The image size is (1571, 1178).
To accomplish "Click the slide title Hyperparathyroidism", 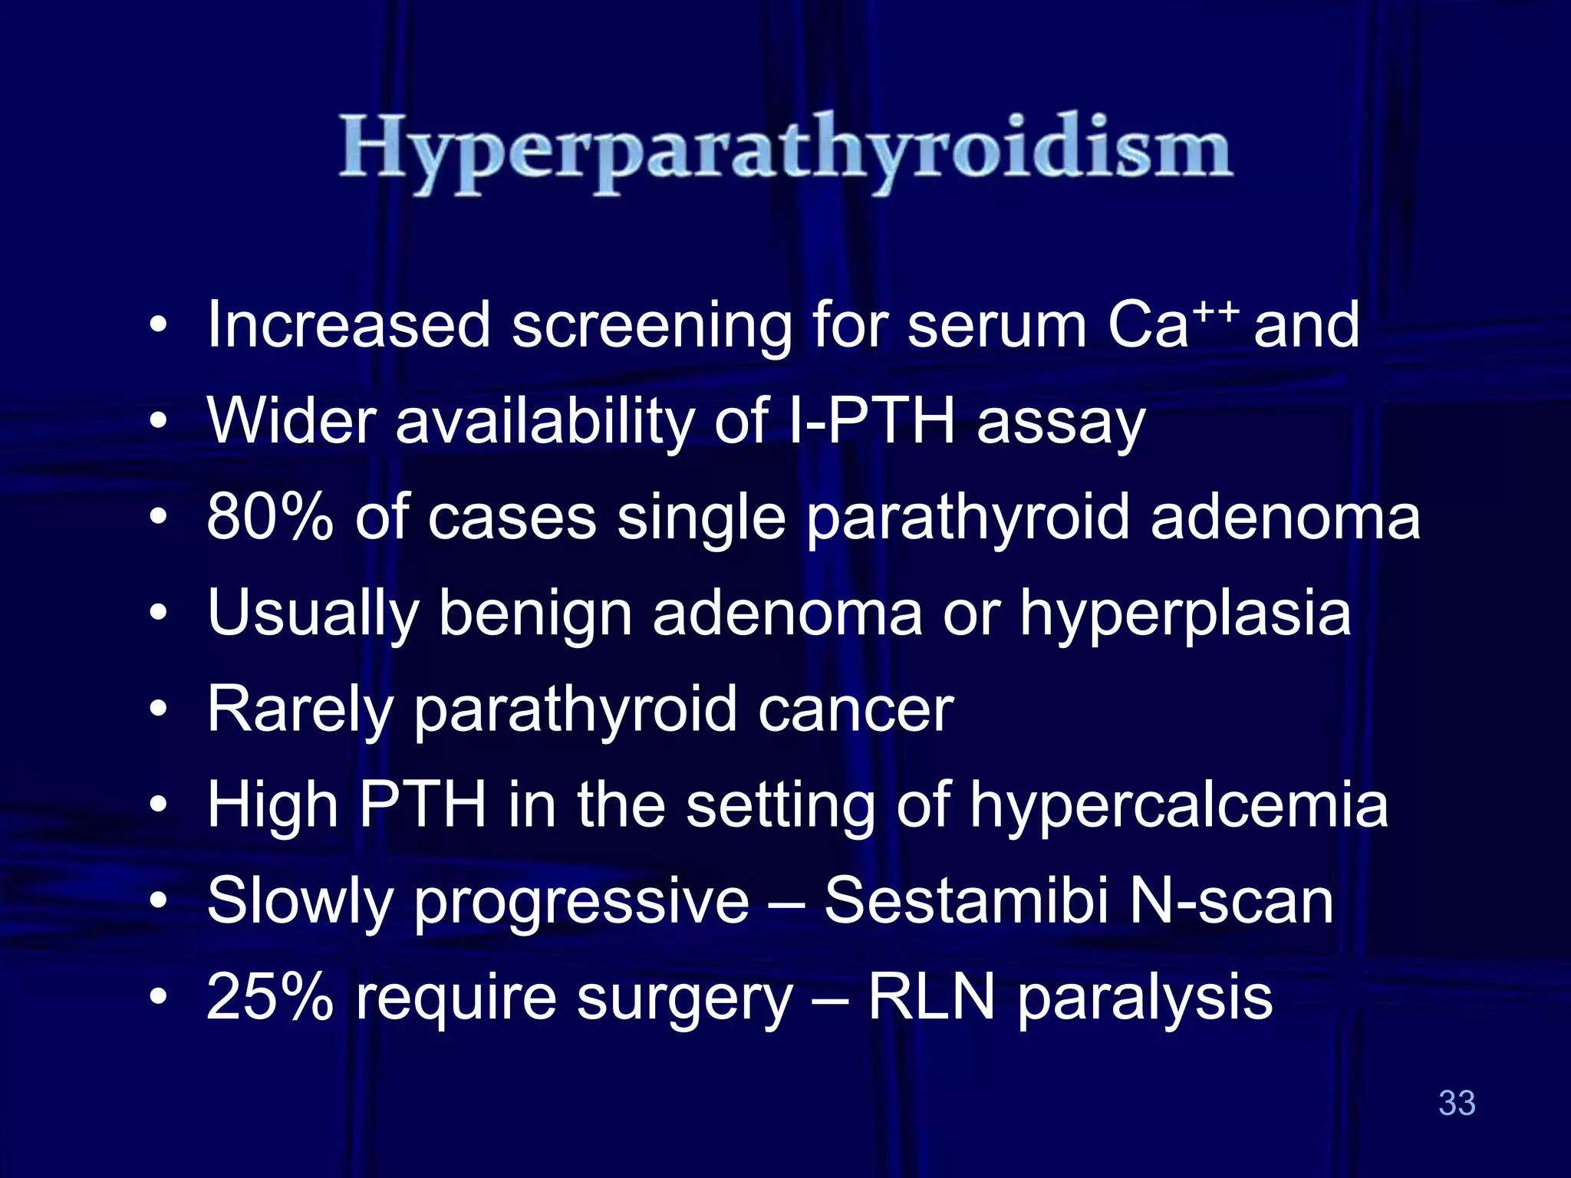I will (785, 150).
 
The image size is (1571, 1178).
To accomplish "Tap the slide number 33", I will (1457, 1103).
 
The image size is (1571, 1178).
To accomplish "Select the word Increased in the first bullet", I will (348, 325).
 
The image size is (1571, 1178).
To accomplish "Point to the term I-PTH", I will (871, 421).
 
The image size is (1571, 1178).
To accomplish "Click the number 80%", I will (270, 518).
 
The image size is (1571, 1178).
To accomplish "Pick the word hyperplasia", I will (1185, 614).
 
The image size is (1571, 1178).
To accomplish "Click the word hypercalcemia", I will (1179, 806).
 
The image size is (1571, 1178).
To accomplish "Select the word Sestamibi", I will (966, 901).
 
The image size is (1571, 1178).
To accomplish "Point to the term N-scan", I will (1232, 901).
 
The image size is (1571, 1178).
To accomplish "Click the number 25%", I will (270, 997).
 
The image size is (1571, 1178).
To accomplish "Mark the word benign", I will (535, 614).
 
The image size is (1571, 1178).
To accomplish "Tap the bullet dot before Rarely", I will (158, 709).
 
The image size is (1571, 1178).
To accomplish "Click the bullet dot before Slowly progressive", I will (158, 901).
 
